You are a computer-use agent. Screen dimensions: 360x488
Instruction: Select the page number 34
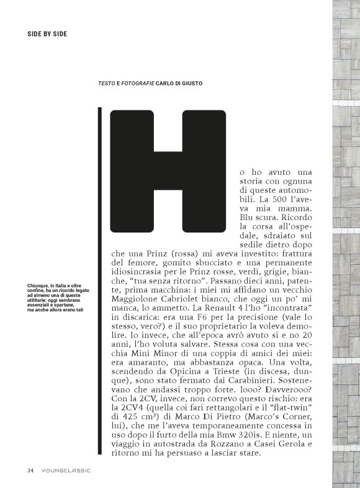coord(30,470)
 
